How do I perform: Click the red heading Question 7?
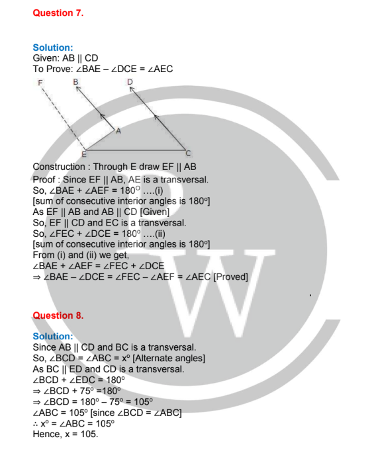tap(58, 13)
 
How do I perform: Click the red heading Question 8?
tap(58, 316)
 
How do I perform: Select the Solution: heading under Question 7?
tap(53, 48)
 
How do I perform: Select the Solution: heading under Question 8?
tap(53, 336)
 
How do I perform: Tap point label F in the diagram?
tap(40, 83)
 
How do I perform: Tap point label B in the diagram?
tap(75, 82)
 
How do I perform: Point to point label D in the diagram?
tap(130, 82)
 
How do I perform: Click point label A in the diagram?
tap(118, 131)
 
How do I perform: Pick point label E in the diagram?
tap(84, 154)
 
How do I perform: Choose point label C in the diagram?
tap(188, 153)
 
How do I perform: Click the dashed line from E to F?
tap(64, 118)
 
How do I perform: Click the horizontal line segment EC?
tap(135, 150)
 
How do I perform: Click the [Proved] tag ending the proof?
tap(230, 277)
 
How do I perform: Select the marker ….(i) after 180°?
tap(153, 190)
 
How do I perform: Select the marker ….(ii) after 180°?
tap(154, 234)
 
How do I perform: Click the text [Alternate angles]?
tap(169, 358)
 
